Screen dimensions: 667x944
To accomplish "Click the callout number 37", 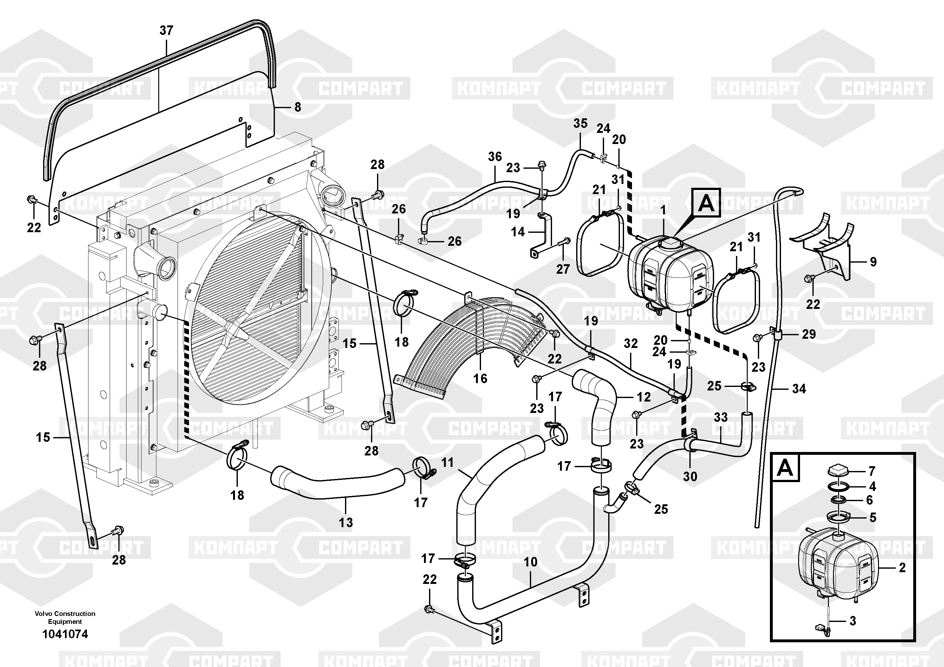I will tap(166, 30).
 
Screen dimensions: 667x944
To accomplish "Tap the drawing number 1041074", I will tap(65, 634).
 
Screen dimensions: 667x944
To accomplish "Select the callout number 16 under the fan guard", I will tap(480, 378).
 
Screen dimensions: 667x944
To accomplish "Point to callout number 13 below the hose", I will tap(346, 522).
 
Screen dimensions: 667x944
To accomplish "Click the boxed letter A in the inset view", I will tap(785, 468).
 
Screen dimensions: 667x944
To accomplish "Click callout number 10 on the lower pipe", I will tap(531, 562).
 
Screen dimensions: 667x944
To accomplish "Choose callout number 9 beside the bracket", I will tap(873, 262).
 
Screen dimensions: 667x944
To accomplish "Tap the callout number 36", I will tap(495, 157).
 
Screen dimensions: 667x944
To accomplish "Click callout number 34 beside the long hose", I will tap(799, 389).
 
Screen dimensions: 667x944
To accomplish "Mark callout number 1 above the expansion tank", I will tap(663, 210).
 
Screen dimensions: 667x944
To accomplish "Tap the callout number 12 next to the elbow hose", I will tap(643, 397).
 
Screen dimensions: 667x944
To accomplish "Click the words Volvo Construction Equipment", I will tap(65, 617).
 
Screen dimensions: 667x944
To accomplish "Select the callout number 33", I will tap(720, 417).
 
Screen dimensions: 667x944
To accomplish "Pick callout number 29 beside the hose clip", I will tap(809, 334).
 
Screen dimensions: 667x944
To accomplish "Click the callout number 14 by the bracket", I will tap(518, 232).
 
